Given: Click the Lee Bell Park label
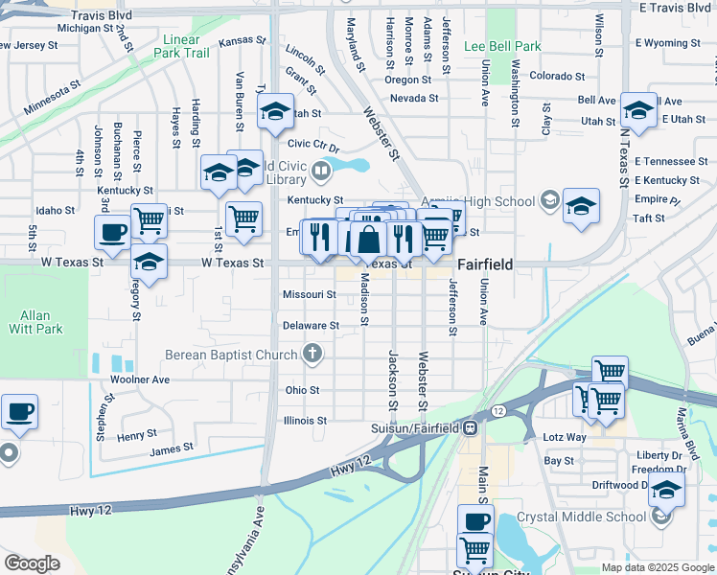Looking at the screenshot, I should [x=502, y=46].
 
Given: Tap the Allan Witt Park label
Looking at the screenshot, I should [x=41, y=322].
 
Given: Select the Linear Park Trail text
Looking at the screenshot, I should [x=186, y=46].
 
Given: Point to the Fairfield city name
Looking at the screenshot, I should [x=485, y=264].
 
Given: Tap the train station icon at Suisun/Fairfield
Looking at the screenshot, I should [x=471, y=427].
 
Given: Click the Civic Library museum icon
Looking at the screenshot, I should [x=320, y=172].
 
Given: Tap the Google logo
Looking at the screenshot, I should [x=32, y=563].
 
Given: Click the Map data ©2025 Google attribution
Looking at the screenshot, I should [x=657, y=567].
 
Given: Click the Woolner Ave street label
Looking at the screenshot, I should [x=140, y=379].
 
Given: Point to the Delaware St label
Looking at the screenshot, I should [x=311, y=326].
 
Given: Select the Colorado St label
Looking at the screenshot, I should [x=557, y=76].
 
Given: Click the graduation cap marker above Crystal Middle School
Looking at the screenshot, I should [x=666, y=489].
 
